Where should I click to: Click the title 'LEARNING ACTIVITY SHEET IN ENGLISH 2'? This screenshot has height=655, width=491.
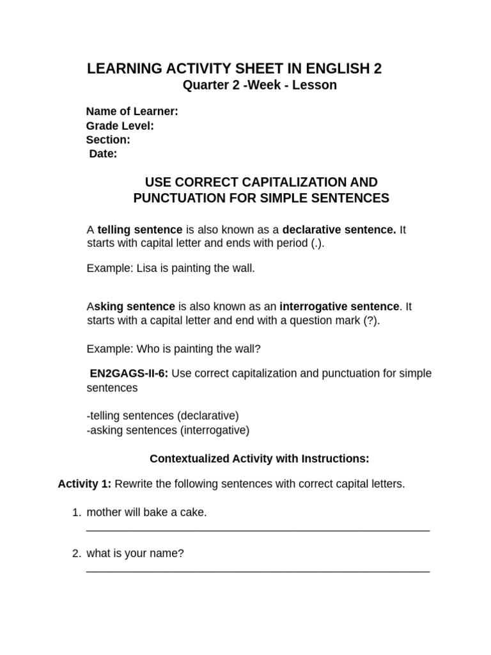pos(234,69)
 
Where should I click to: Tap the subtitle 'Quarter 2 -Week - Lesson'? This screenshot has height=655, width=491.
pos(260,85)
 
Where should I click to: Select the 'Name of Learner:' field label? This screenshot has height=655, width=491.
pos(132,111)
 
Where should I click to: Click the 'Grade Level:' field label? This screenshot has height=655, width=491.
pos(120,126)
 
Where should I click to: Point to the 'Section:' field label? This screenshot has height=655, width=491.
pos(108,139)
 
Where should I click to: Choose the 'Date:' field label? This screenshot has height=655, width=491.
pos(103,154)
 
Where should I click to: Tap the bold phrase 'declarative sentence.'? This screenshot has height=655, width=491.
pos(339,230)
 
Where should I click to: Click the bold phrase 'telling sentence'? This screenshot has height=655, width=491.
pos(139,230)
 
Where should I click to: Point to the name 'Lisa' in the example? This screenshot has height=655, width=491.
pos(146,268)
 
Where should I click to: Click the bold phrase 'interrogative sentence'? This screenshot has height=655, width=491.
pos(339,306)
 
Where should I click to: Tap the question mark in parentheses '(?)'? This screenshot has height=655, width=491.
pos(370,320)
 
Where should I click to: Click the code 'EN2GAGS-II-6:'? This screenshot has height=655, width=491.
pos(129,373)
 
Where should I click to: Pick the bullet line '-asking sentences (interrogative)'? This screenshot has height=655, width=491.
pos(168,430)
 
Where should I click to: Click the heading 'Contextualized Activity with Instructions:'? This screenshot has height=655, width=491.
pos(259,459)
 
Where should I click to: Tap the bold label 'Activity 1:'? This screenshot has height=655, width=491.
pos(84,484)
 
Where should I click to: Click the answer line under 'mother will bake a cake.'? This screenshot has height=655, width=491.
pos(258,530)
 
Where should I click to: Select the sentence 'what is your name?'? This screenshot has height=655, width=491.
pos(135,553)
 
